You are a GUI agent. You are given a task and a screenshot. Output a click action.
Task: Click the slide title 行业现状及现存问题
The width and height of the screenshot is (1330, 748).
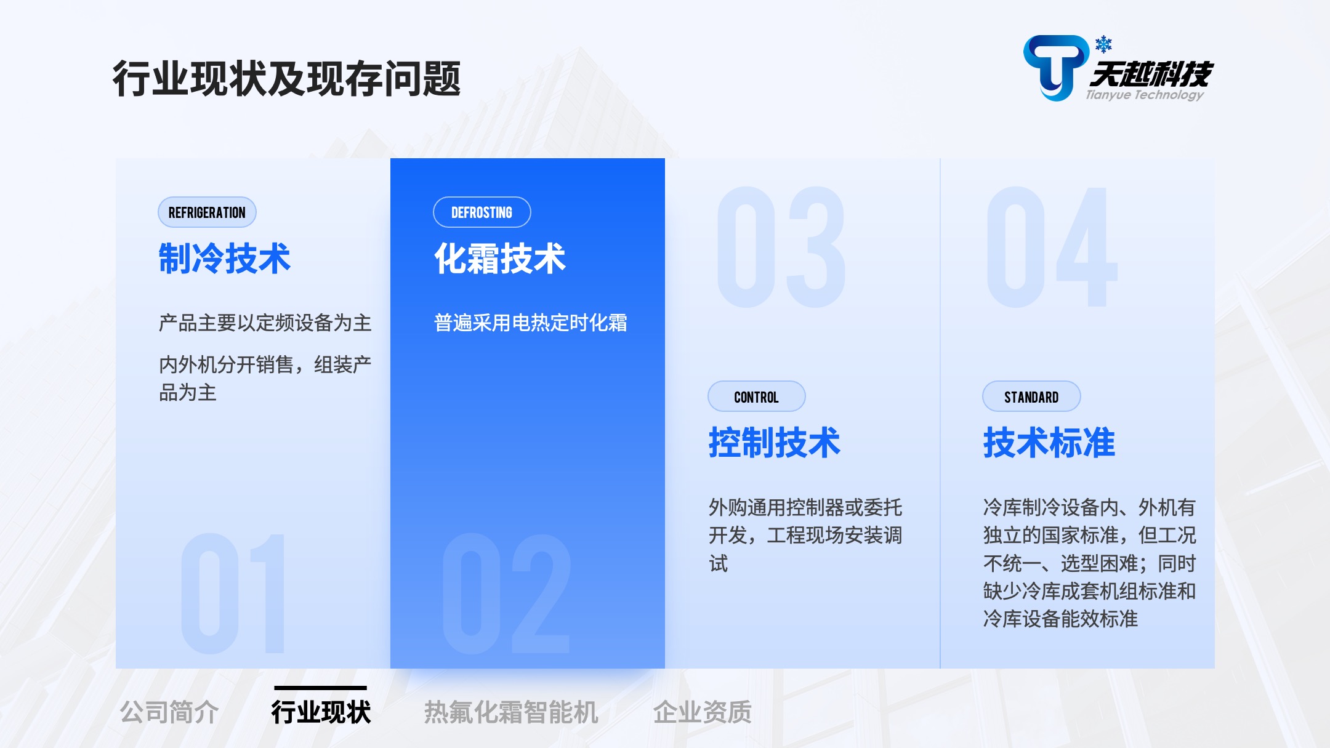click(286, 79)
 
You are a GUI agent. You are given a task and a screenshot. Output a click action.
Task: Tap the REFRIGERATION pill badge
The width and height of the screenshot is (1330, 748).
click(207, 212)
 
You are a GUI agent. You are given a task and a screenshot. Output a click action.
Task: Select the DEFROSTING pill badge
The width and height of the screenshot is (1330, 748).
click(482, 212)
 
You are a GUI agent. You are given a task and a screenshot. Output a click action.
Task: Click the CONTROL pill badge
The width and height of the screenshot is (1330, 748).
click(757, 397)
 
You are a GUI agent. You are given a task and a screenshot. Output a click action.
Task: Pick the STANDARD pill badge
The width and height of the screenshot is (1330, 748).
click(1031, 397)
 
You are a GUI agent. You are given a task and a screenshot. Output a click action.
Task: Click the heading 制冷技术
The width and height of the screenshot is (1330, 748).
click(224, 258)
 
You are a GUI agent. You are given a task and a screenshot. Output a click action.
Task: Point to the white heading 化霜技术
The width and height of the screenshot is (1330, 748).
click(499, 258)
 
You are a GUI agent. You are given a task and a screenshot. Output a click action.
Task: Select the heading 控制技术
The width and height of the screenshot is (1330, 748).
click(774, 443)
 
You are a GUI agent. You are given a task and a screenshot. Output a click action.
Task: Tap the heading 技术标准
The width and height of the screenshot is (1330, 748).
click(1049, 443)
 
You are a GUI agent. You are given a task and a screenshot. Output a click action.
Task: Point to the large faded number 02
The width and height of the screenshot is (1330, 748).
click(506, 593)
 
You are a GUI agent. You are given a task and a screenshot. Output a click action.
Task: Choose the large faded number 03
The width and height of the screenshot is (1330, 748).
click(781, 247)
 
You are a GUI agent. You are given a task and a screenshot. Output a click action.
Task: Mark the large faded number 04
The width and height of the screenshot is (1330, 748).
click(1052, 247)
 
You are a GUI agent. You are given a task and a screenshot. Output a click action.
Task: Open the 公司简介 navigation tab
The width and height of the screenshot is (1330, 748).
click(169, 712)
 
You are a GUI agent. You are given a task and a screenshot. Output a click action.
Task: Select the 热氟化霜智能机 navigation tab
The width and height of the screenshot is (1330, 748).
click(511, 712)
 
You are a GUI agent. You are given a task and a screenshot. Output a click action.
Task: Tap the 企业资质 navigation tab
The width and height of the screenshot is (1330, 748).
click(703, 712)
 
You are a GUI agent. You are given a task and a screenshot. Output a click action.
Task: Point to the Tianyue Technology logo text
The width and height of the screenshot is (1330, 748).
click(1145, 95)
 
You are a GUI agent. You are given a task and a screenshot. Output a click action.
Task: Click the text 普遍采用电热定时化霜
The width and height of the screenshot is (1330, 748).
click(531, 323)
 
